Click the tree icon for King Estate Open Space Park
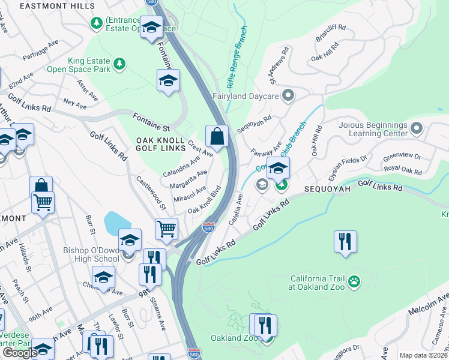pos(119,63)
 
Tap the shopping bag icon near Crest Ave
pos(217,137)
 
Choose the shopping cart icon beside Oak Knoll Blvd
pos(166,228)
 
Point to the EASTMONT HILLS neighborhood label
pos(57,5)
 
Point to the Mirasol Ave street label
pos(190,195)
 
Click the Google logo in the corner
pos(20,353)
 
